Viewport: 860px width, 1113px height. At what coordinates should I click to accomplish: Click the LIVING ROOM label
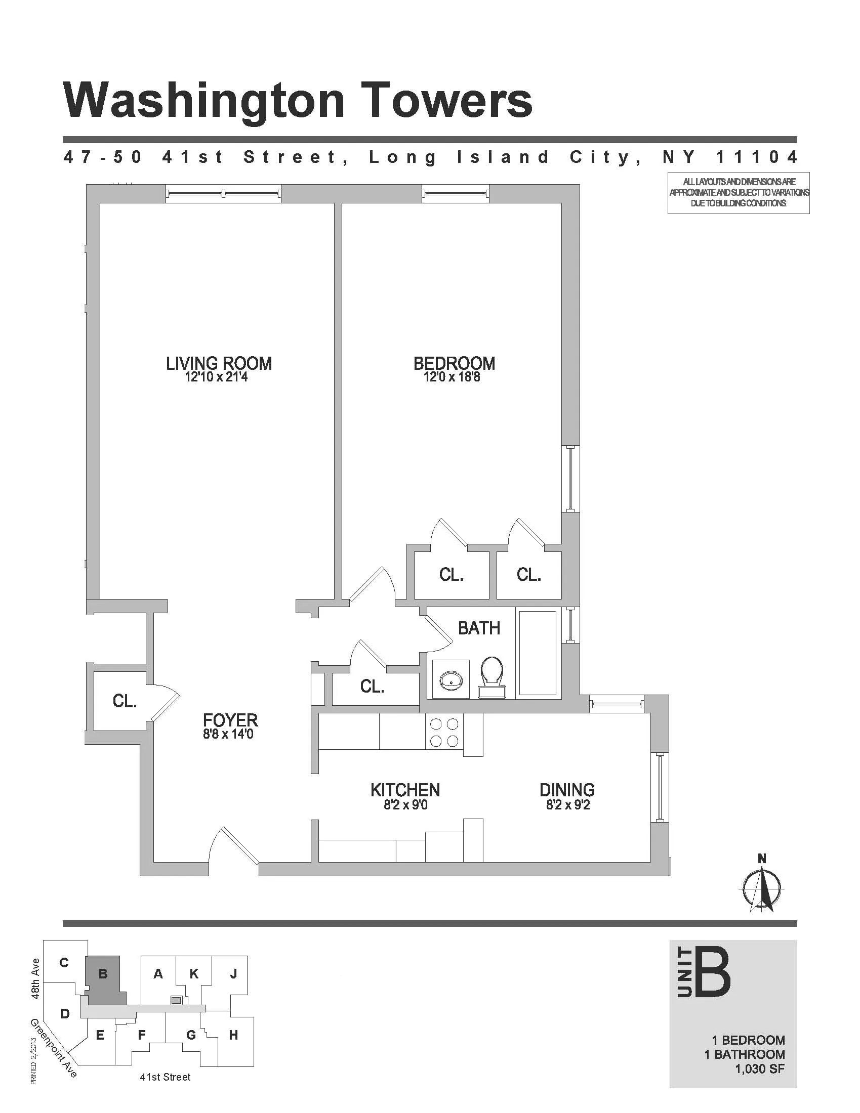219,363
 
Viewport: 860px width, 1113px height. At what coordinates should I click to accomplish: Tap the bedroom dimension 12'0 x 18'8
452,377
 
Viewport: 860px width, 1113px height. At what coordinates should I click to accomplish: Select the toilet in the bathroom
492,677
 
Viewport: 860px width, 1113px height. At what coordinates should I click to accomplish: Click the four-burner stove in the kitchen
444,732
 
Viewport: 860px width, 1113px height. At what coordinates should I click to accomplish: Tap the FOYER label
230,720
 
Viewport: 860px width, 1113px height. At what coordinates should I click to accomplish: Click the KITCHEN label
405,790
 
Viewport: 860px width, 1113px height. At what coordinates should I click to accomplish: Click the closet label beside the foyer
125,701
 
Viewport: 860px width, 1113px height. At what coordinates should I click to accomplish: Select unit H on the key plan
233,1035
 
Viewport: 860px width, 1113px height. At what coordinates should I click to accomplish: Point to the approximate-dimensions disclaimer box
738,193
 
